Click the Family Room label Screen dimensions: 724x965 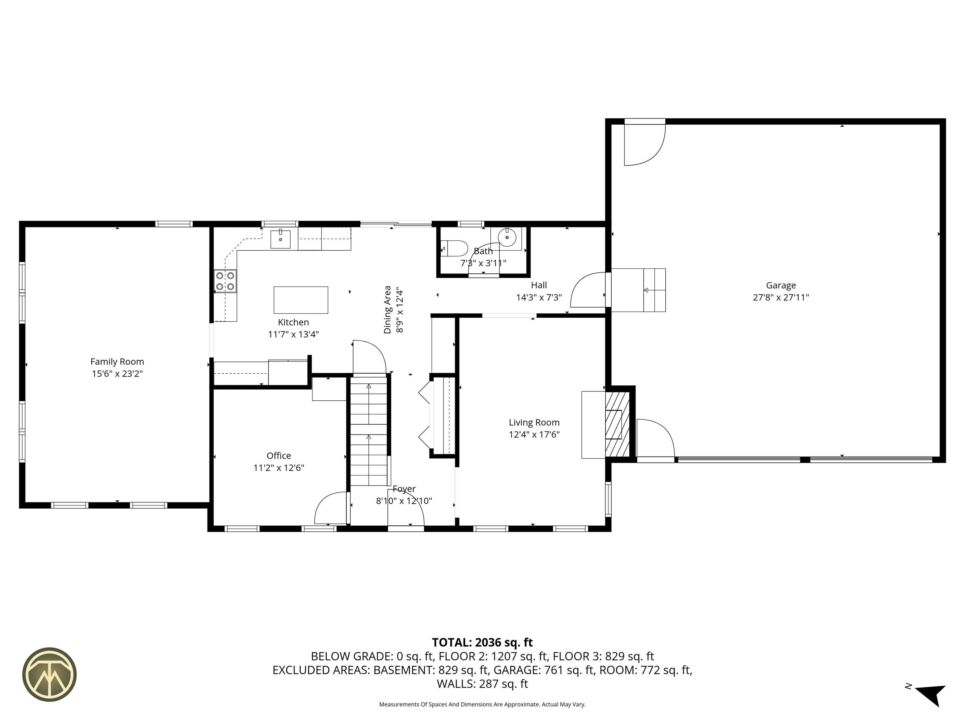tap(117, 361)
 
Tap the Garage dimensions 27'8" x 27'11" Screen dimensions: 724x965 tap(781, 297)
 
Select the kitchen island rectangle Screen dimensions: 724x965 tap(301, 300)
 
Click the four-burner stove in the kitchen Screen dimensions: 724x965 tap(226, 281)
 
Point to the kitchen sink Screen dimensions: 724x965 tap(281, 239)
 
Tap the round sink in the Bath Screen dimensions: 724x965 tap(507, 238)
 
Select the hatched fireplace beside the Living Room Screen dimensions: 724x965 tap(617, 424)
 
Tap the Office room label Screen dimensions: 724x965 tap(279, 456)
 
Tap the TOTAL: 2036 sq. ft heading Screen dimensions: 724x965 tap(482, 642)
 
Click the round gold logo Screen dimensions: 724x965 tap(49, 674)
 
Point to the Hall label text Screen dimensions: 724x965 tap(539, 285)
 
